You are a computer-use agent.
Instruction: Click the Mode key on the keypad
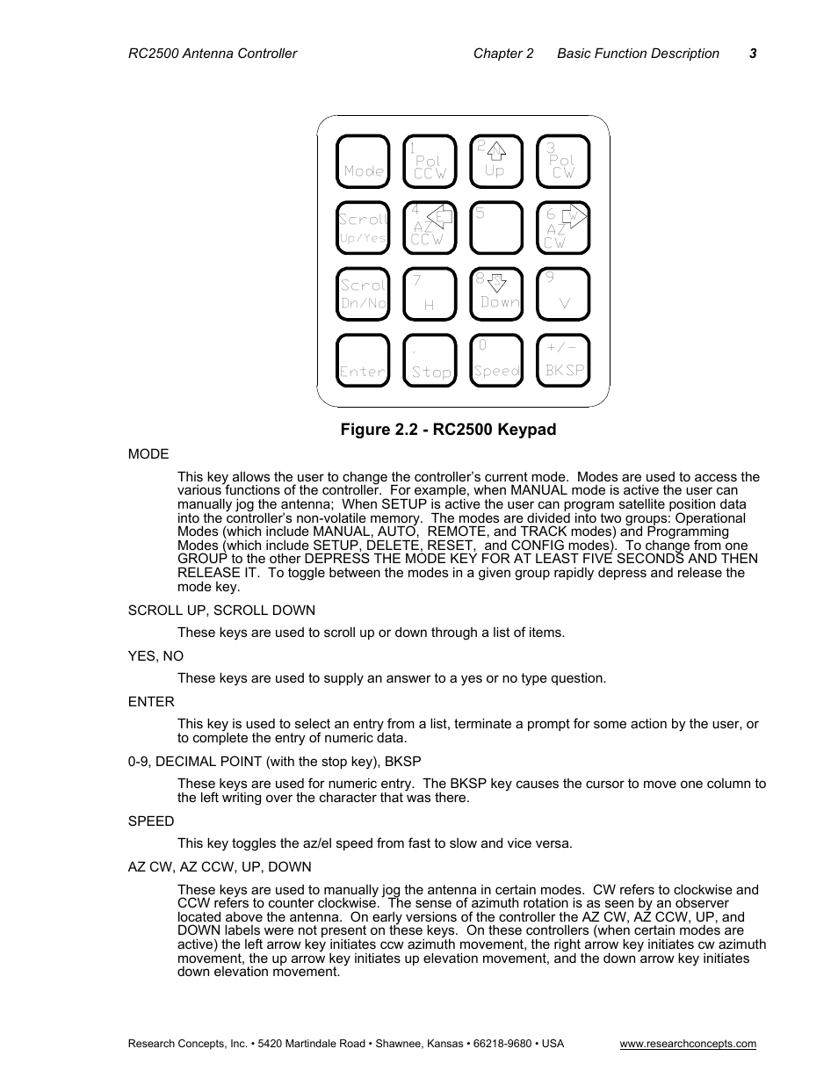[x=363, y=162]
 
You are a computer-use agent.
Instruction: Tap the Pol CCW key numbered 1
[x=430, y=162]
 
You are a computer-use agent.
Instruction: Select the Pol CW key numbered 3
[x=563, y=162]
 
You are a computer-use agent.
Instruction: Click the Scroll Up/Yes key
[x=363, y=228]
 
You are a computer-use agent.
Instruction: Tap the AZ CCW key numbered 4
[x=430, y=228]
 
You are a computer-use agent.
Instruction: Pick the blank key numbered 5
[x=496, y=228]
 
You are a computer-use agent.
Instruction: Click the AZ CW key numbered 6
[x=563, y=228]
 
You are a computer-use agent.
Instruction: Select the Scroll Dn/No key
[x=363, y=294]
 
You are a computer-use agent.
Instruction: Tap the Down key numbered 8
[x=496, y=294]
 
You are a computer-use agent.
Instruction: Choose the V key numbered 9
[x=563, y=294]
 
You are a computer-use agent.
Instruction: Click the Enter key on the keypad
[x=363, y=361]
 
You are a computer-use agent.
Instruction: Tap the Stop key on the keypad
[x=430, y=361]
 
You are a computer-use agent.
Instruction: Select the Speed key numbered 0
[x=496, y=361]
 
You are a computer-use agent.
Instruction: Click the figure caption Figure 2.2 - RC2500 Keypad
[x=448, y=430]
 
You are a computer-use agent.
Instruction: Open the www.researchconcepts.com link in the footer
[x=688, y=1044]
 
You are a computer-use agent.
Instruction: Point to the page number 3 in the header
[x=753, y=54]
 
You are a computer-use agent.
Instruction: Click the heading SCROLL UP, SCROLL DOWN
[x=221, y=611]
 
